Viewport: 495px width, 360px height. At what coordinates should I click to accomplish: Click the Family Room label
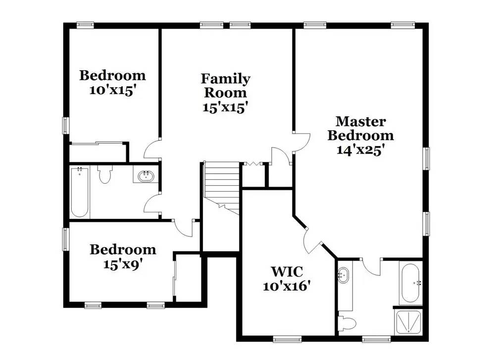[x=225, y=85]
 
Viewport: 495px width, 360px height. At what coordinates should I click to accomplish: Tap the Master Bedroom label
[x=360, y=128]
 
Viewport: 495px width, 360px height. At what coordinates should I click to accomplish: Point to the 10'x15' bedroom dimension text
[x=113, y=91]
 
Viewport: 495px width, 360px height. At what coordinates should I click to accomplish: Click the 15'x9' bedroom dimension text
[x=123, y=264]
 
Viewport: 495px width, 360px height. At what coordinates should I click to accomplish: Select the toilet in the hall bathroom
[x=104, y=174]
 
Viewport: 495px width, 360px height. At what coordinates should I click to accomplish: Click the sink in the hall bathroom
[x=147, y=176]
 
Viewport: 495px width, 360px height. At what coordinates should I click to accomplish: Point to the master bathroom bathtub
[x=411, y=283]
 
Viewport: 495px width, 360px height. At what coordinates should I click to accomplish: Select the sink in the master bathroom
[x=344, y=275]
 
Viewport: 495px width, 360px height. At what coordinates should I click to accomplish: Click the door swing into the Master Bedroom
[x=301, y=141]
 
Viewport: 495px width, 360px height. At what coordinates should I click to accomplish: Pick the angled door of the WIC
[x=312, y=241]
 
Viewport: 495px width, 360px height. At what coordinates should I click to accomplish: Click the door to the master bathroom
[x=371, y=268]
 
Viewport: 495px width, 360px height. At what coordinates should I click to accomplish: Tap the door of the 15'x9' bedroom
[x=183, y=228]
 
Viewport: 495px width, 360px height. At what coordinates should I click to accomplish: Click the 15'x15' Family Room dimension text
[x=225, y=107]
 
